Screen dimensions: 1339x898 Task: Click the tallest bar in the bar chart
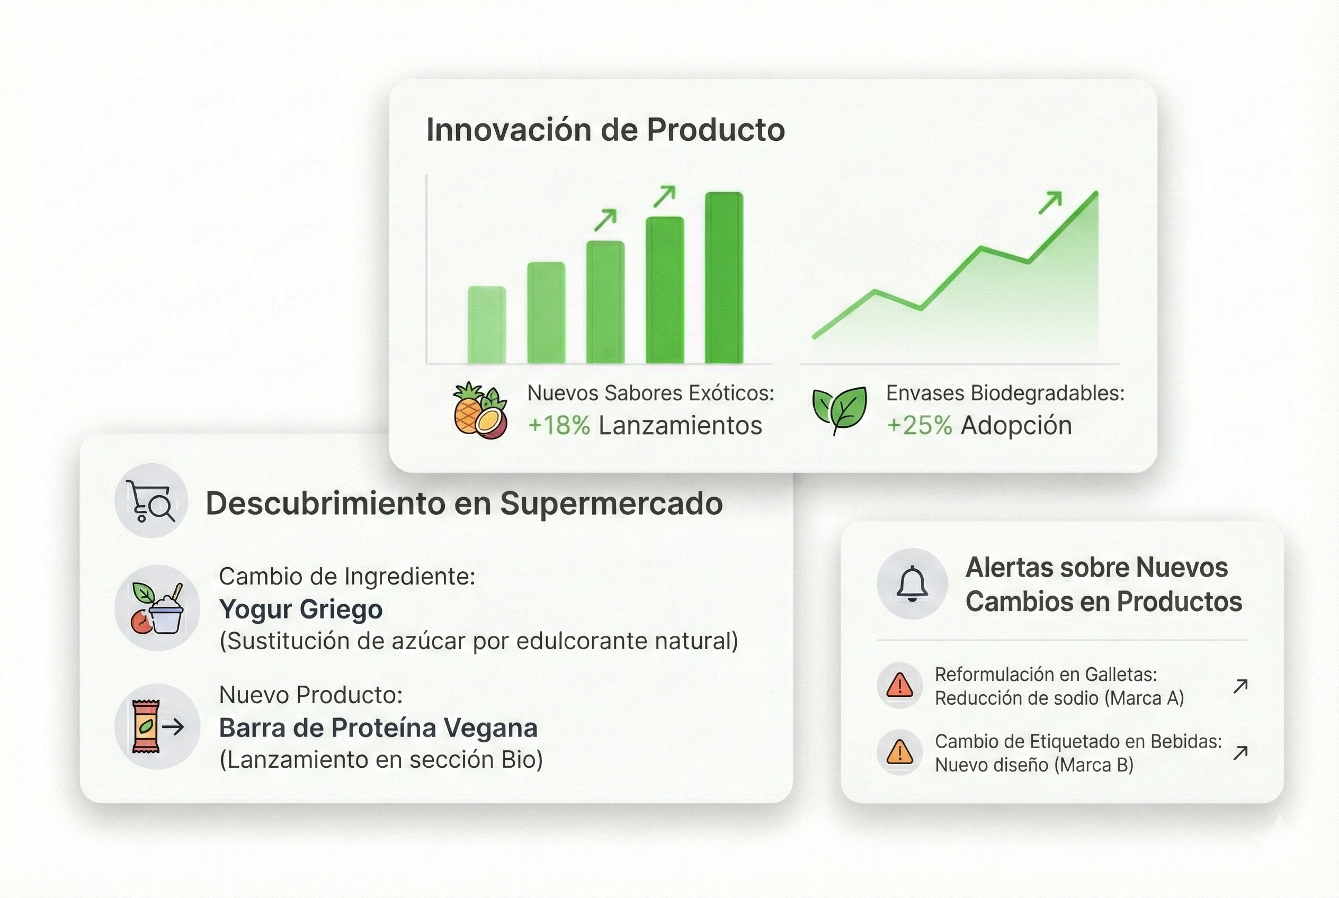tap(724, 278)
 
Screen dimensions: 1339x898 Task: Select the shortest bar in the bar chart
tap(487, 325)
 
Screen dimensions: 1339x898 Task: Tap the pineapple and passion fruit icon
tap(480, 410)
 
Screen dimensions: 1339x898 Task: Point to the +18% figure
tap(559, 426)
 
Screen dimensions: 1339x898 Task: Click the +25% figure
tap(919, 426)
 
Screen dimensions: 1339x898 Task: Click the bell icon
tap(912, 583)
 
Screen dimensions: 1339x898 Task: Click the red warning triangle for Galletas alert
tap(899, 685)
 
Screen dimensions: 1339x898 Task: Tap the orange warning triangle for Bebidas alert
tap(899, 751)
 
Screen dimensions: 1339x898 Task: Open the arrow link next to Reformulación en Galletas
tap(1240, 686)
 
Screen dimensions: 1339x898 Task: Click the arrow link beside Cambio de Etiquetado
tap(1240, 752)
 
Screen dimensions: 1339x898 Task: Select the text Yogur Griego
tap(301, 609)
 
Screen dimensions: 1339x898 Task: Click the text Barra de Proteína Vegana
tap(378, 728)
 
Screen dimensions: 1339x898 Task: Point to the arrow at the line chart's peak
tap(1050, 203)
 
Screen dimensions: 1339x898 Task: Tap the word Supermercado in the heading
tap(611, 504)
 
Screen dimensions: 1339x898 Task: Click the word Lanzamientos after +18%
tap(680, 426)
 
